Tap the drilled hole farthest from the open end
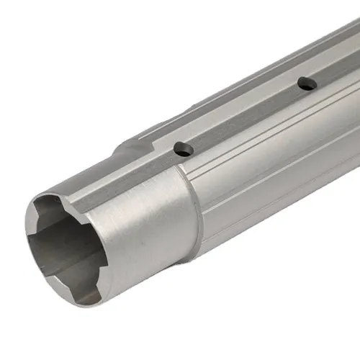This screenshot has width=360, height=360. [307, 83]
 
